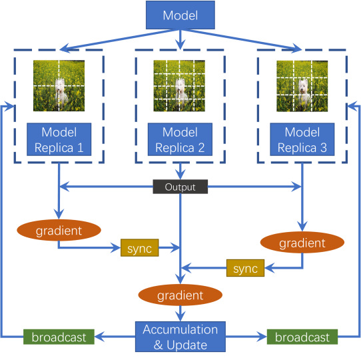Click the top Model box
coord(180,15)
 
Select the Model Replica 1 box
coord(59,139)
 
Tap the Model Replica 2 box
coord(180,139)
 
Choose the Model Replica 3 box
coord(302,139)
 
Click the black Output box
coord(180,187)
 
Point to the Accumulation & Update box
coord(180,337)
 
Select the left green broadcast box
coord(59,337)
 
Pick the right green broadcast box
coord(302,337)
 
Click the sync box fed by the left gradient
coord(140,248)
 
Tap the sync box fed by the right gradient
coord(245,268)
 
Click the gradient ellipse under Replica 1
coord(59,230)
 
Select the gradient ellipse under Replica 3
coord(302,243)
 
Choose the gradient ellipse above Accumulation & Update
coord(180,295)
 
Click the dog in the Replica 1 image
coord(61,91)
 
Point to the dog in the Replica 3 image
coord(304,93)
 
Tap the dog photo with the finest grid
coord(179,86)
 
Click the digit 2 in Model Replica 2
coord(201,147)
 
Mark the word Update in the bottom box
coord(186,345)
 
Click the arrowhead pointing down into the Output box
coord(180,175)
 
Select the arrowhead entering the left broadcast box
coord(99,337)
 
